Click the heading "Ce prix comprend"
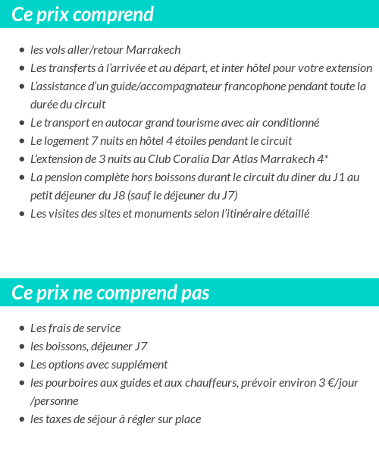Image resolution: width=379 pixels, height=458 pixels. [83, 14]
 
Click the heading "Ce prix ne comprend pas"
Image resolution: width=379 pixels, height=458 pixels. [111, 293]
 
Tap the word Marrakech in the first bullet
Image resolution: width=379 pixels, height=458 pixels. [153, 50]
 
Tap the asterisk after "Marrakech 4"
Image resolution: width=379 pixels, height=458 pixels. [326, 158]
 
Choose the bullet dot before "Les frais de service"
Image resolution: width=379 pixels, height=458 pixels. [21, 329]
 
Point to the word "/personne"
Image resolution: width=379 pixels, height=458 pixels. [54, 401]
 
